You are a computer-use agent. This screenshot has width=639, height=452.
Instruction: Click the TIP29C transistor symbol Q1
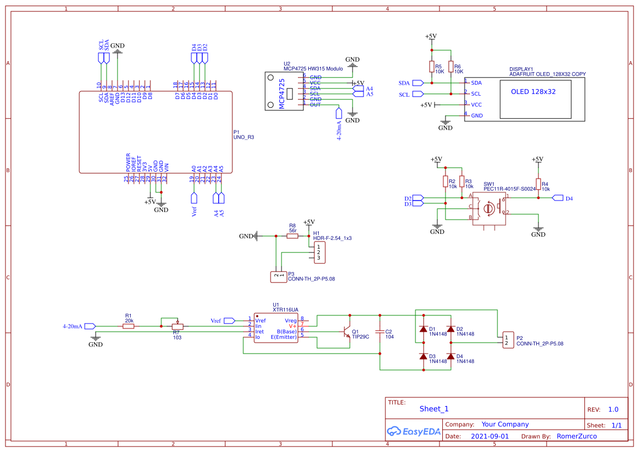pyautogui.click(x=346, y=332)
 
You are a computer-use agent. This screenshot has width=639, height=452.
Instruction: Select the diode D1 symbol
pyautogui.click(x=423, y=329)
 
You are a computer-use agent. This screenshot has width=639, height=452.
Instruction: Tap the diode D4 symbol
pyautogui.click(x=450, y=356)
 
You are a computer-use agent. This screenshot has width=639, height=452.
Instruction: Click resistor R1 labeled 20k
pyautogui.click(x=128, y=326)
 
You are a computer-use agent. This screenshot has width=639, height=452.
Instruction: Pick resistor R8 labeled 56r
pyautogui.click(x=292, y=236)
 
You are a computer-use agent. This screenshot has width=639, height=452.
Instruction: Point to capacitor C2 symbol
pyautogui.click(x=380, y=332)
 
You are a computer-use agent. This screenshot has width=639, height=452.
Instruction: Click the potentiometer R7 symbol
pyautogui.click(x=177, y=326)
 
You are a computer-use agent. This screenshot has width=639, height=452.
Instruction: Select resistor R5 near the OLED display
pyautogui.click(x=432, y=67)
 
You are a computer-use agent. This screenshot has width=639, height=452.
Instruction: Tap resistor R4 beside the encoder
pyautogui.click(x=538, y=184)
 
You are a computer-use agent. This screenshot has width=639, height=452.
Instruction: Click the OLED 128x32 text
pyautogui.click(x=533, y=92)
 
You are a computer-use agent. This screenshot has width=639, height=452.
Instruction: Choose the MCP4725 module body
pyautogui.click(x=284, y=91)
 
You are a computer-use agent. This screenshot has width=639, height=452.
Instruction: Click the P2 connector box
pyautogui.click(x=508, y=340)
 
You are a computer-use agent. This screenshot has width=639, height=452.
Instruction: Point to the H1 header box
pyautogui.click(x=318, y=252)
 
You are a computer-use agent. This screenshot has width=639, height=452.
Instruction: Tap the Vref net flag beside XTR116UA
pyautogui.click(x=230, y=320)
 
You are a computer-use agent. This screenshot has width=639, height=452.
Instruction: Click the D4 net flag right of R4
pyautogui.click(x=557, y=198)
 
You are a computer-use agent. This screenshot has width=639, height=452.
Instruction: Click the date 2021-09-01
pyautogui.click(x=489, y=436)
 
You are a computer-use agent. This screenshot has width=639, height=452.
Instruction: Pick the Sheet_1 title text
pyautogui.click(x=434, y=409)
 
